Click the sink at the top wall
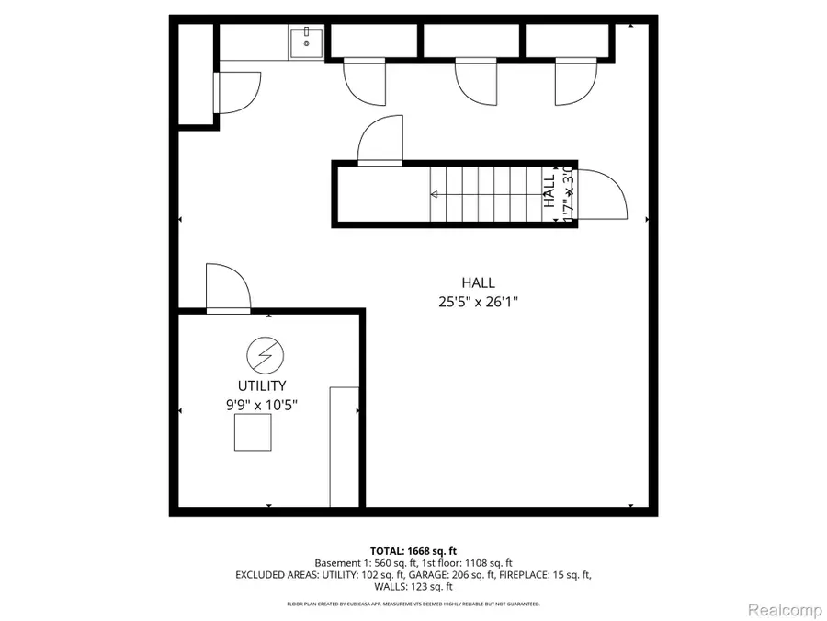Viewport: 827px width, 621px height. coord(305,41)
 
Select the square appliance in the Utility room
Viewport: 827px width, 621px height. coord(252,432)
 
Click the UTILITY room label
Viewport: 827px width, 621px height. coord(263,386)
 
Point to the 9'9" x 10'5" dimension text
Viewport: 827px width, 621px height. coord(263,404)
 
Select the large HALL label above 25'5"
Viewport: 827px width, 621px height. coord(478,283)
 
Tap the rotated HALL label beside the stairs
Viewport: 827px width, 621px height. coord(549,194)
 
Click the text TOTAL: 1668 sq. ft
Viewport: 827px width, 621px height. coord(413,549)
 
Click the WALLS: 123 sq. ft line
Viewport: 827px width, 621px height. coord(413,587)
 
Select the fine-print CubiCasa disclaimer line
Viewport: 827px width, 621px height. coord(413,604)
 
